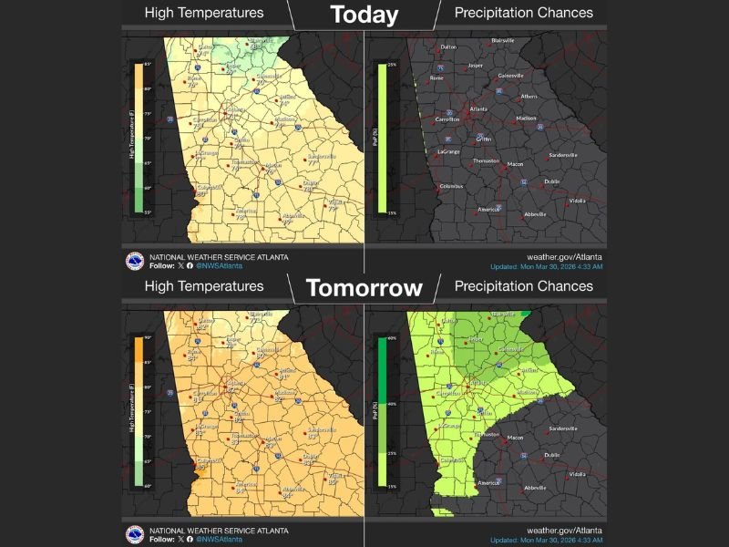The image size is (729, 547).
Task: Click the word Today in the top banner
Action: coord(364,15)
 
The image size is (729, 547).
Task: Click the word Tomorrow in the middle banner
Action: coord(364,288)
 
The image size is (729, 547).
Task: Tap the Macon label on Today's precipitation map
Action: coord(516,164)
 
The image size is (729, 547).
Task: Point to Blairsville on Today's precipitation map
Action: coord(502,41)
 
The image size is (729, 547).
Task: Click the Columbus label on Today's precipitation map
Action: coord(452,186)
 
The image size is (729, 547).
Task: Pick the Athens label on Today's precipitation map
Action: coord(529,96)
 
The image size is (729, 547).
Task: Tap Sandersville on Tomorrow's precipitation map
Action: coord(563,428)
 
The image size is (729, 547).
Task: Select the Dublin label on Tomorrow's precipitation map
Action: coord(552,454)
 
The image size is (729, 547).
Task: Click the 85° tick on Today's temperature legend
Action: coord(148,63)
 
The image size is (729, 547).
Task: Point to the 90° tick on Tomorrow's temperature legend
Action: coord(148,337)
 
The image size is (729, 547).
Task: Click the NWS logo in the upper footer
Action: coord(135,260)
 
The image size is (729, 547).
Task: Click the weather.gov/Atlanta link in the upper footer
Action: coord(565,257)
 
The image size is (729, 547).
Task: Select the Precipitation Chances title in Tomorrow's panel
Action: coord(523,285)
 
